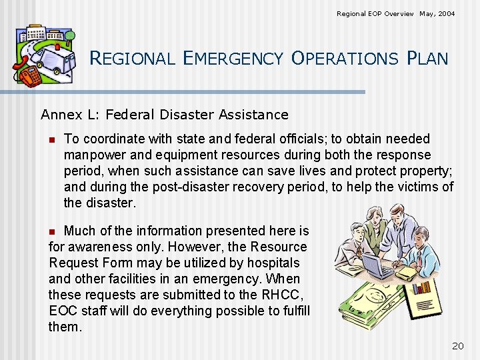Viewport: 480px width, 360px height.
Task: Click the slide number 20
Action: coord(457,345)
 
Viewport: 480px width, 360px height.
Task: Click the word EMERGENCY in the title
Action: coord(233,59)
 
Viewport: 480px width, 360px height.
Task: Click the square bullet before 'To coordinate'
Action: coord(51,139)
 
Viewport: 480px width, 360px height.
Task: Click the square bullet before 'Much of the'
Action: coord(53,231)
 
